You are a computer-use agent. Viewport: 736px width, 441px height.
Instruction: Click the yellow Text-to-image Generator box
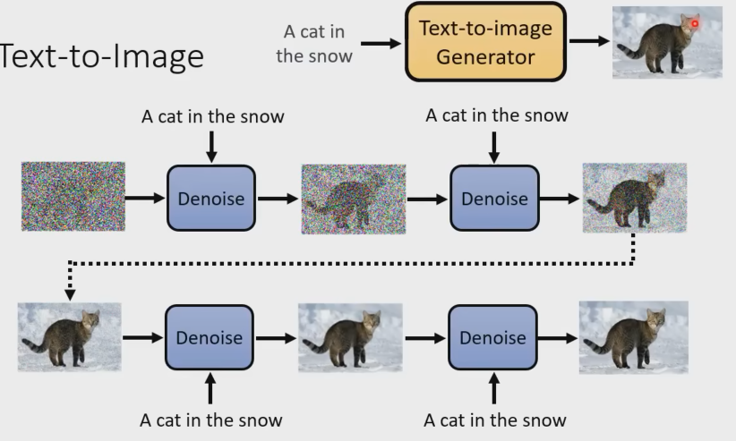pyautogui.click(x=485, y=42)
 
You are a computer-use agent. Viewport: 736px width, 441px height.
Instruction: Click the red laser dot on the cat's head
pyautogui.click(x=694, y=23)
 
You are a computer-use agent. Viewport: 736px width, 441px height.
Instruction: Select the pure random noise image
pyautogui.click(x=73, y=197)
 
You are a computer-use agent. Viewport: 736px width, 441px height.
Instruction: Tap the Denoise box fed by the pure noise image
pyautogui.click(x=210, y=198)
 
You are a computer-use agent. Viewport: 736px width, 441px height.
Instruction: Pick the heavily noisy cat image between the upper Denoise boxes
pyautogui.click(x=353, y=199)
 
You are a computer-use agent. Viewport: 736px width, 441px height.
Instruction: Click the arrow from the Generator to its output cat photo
pyautogui.click(x=588, y=41)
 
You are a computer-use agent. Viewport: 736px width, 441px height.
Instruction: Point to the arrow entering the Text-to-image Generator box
pyautogui.click(x=381, y=42)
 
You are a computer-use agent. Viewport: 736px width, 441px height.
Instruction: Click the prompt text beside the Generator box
pyautogui.click(x=314, y=43)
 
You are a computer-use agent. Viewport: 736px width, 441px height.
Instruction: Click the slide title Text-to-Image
pyautogui.click(x=102, y=56)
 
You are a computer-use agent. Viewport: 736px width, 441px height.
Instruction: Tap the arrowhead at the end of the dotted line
pyautogui.click(x=70, y=293)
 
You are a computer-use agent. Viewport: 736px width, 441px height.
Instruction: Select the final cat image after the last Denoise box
pyautogui.click(x=633, y=337)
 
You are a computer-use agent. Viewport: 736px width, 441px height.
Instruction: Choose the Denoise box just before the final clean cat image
pyautogui.click(x=492, y=337)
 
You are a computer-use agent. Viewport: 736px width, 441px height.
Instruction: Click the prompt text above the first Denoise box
pyautogui.click(x=212, y=116)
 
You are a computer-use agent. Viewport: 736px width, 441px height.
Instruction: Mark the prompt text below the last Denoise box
pyautogui.click(x=494, y=420)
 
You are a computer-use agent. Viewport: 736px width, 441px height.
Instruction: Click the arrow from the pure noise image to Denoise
pyautogui.click(x=144, y=198)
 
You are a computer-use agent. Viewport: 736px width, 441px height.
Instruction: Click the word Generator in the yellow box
pyautogui.click(x=486, y=57)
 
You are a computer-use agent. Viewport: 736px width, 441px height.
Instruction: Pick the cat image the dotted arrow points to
pyautogui.click(x=70, y=337)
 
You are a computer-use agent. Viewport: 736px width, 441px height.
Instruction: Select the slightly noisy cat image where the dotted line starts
pyautogui.click(x=634, y=198)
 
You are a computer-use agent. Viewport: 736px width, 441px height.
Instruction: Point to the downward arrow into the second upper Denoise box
pyautogui.click(x=493, y=146)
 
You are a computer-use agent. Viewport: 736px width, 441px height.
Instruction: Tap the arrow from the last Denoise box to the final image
pyautogui.click(x=557, y=338)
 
